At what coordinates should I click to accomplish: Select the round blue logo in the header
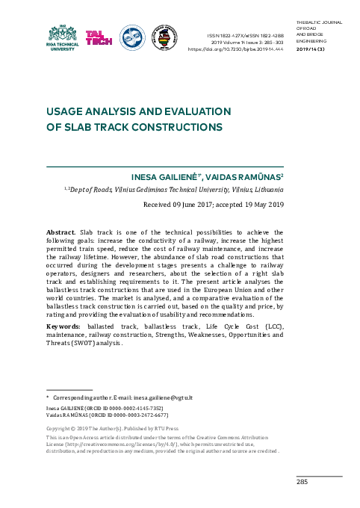click(x=132, y=38)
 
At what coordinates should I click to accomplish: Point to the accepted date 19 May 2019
click(x=261, y=205)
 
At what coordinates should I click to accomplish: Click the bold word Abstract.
click(x=60, y=232)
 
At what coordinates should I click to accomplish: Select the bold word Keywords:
click(x=64, y=326)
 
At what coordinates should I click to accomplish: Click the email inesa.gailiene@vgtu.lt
click(x=164, y=399)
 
